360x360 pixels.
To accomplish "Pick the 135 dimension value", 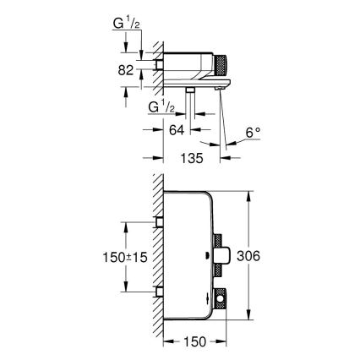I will (192, 157).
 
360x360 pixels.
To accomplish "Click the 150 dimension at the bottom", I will (194, 344).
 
